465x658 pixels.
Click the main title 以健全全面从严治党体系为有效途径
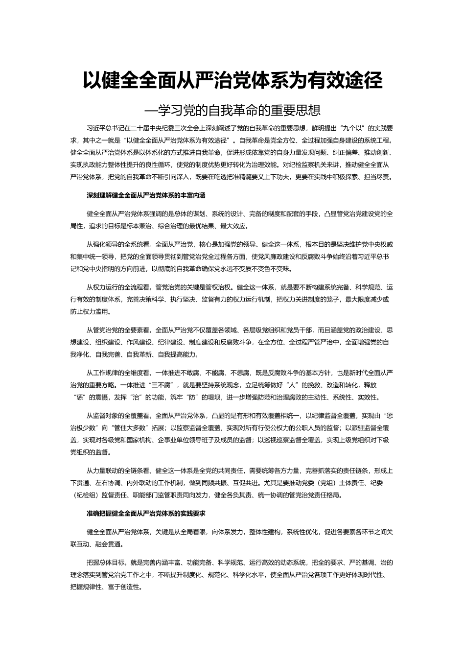click(x=232, y=81)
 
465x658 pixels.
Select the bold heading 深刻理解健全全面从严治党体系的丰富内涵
click(x=146, y=195)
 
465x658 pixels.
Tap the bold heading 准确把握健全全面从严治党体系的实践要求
click(x=146, y=514)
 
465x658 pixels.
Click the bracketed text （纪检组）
click(x=85, y=494)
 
